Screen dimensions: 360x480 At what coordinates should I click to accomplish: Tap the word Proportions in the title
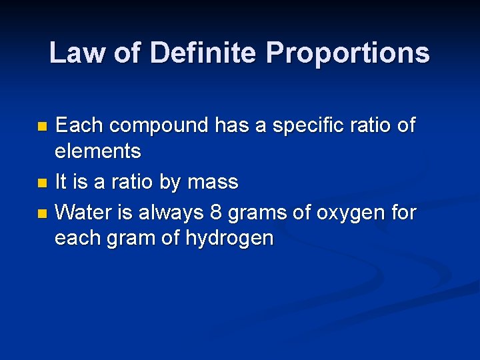point(348,53)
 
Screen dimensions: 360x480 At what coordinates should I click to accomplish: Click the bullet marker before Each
point(43,126)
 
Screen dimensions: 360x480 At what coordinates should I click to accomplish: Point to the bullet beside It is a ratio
point(43,183)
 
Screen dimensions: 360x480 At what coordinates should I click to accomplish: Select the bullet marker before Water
point(43,214)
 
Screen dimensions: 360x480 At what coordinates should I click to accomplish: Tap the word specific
point(301,125)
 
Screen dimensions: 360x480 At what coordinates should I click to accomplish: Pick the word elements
point(97,152)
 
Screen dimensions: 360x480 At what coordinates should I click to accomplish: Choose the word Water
point(82,213)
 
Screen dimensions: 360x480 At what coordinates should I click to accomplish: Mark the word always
point(171,213)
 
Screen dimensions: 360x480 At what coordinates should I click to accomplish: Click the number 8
point(215,213)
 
